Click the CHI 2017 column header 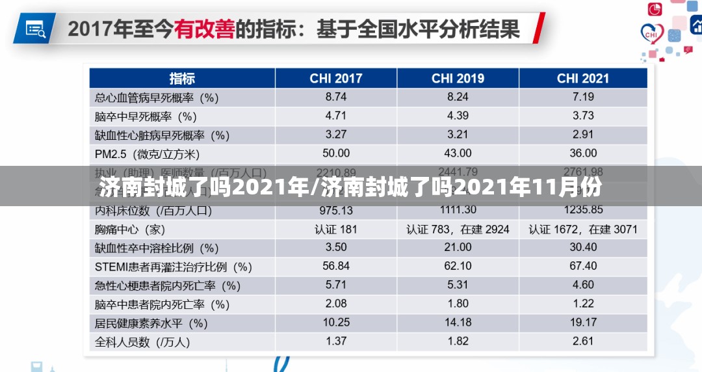coord(336,79)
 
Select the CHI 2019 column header coord(458,79)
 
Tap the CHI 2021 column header coord(583,79)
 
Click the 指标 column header coord(182,79)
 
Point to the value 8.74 coord(336,98)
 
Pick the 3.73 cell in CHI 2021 coord(583,116)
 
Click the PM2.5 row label coord(147,154)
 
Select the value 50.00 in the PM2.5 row coord(336,153)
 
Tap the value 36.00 coord(583,153)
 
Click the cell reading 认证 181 coord(336,229)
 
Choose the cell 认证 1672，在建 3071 coord(583,229)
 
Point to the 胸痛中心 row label coord(130,230)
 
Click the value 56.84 coord(336,266)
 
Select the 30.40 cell coord(583,247)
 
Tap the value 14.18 coord(458,323)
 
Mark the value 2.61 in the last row coord(583,341)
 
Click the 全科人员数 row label coord(142,341)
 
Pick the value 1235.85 coord(583,210)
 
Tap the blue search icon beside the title coord(35,28)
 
